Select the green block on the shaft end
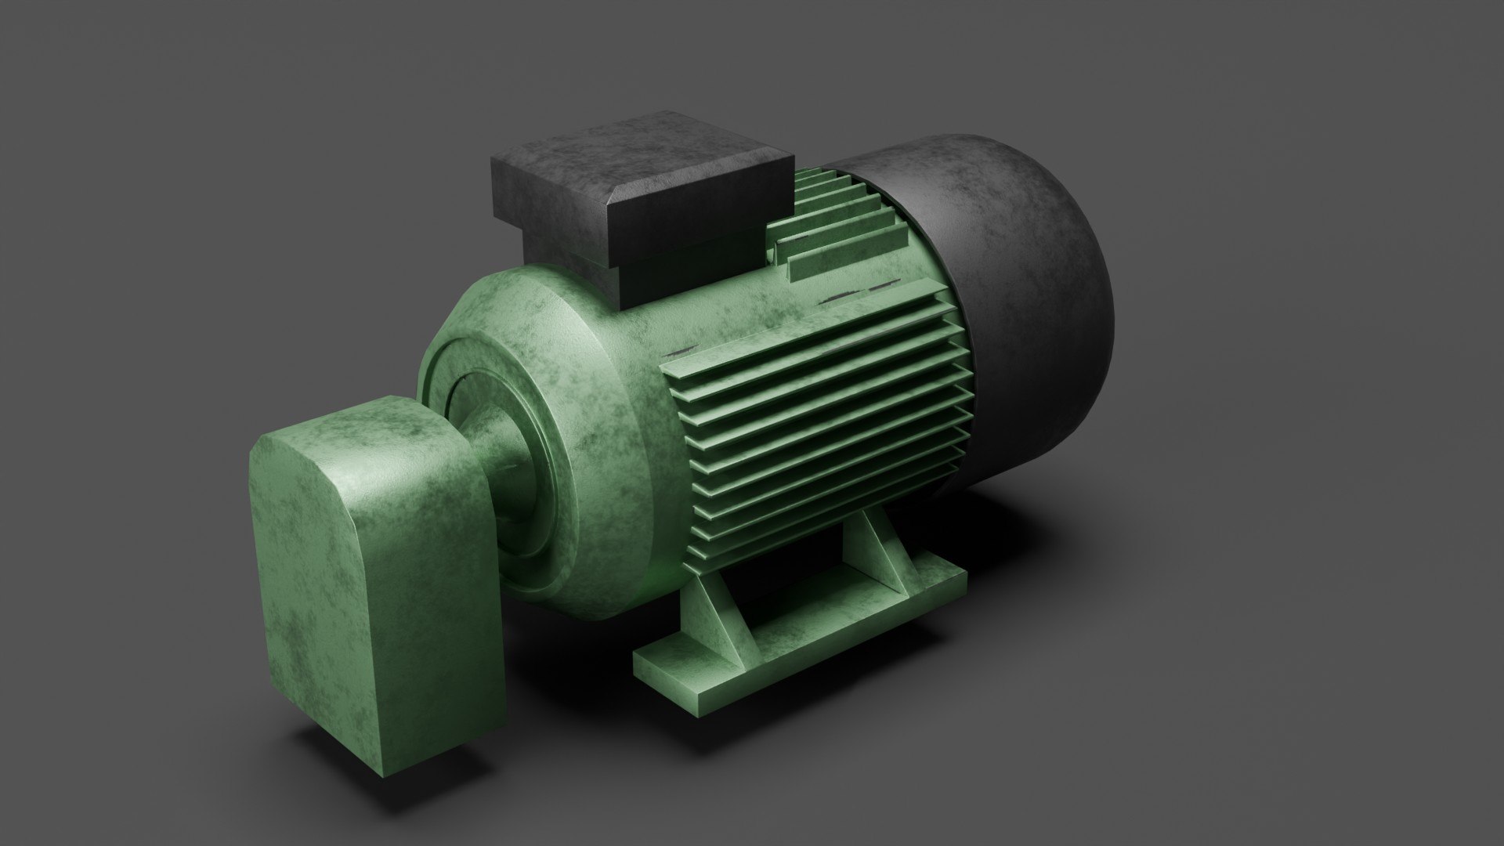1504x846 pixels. [368, 533]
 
